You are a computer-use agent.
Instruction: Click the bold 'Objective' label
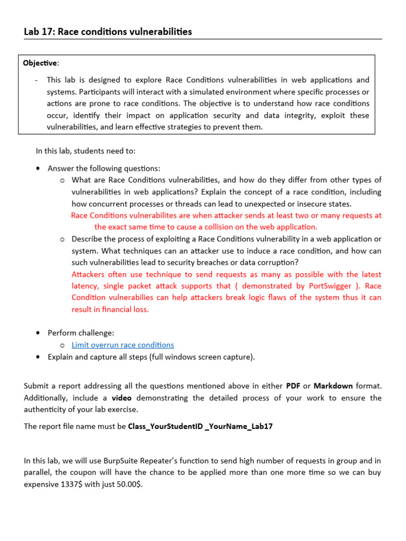click(x=40, y=63)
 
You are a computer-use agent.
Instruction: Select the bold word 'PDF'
click(x=293, y=386)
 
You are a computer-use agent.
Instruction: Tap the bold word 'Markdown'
click(x=333, y=386)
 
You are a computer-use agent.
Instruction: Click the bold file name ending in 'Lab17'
click(x=200, y=426)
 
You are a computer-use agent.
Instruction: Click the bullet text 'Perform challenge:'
click(x=81, y=333)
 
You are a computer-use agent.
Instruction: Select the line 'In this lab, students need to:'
click(x=86, y=151)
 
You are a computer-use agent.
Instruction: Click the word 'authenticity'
click(x=48, y=409)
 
